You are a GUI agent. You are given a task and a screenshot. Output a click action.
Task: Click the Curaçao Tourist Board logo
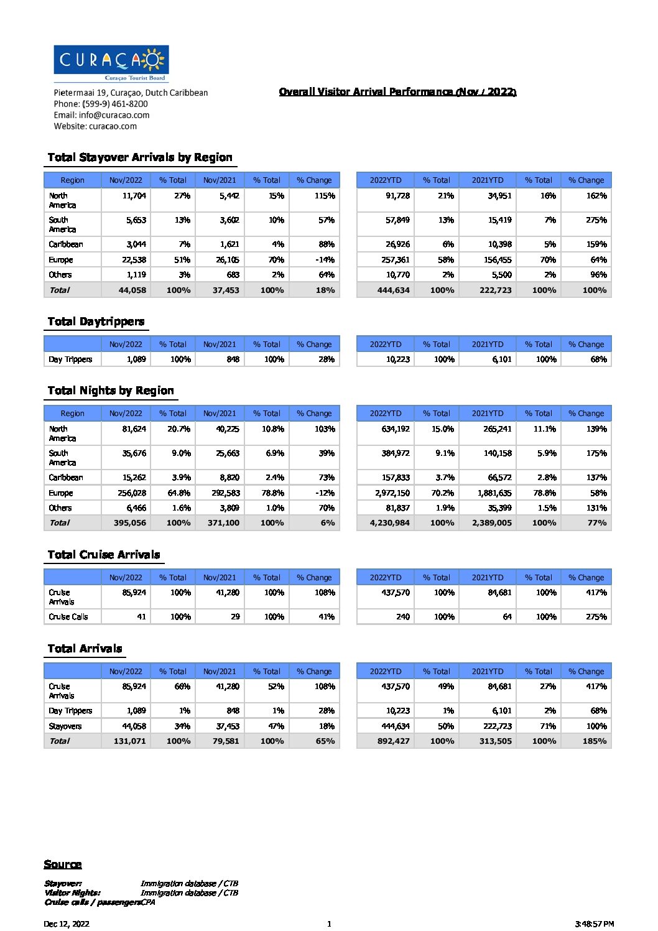[111, 63]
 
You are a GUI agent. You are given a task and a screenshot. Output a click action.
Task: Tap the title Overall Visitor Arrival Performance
[397, 92]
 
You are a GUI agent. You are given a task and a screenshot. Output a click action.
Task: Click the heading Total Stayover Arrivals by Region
[140, 157]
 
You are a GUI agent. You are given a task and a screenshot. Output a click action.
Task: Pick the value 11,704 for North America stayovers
[134, 196]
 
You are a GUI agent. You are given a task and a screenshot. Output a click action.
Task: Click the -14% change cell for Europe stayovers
[325, 260]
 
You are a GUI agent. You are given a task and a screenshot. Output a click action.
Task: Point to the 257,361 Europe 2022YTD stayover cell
[396, 260]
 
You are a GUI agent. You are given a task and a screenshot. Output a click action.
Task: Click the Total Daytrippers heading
[96, 322]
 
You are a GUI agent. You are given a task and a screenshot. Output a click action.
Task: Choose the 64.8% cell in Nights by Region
[178, 493]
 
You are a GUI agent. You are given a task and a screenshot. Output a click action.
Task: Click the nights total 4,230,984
[390, 523]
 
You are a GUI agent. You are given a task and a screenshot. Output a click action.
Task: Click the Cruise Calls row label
[68, 617]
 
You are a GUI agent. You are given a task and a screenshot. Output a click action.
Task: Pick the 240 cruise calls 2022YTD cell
[403, 617]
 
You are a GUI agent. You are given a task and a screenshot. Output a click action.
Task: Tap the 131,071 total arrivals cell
[130, 741]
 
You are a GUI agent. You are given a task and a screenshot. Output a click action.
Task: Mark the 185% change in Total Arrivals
[595, 741]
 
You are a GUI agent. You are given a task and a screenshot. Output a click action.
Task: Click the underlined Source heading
[63, 864]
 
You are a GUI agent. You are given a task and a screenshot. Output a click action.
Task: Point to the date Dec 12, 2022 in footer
[67, 924]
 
